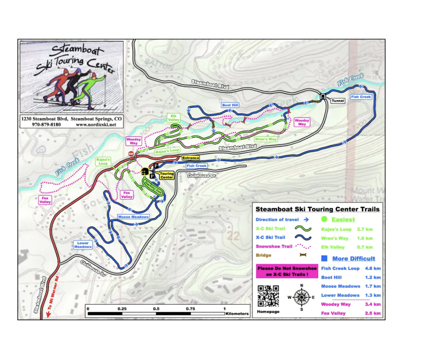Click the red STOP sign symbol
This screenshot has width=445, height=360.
click(131, 154)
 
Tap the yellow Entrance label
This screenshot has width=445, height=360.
click(190, 158)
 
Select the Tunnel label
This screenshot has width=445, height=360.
click(338, 101)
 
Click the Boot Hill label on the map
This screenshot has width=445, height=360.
click(230, 105)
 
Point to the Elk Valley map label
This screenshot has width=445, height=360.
click(173, 118)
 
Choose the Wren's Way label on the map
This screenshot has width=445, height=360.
click(265, 139)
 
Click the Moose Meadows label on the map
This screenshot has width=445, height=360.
click(133, 217)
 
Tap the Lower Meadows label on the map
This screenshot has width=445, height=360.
click(83, 245)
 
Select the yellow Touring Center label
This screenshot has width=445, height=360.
click(167, 175)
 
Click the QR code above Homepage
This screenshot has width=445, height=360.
click(268, 296)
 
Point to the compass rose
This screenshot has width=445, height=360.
click(302, 297)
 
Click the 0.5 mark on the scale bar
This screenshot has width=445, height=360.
click(156, 309)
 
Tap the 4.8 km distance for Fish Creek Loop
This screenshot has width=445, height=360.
click(373, 268)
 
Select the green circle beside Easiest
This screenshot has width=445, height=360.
click(324, 219)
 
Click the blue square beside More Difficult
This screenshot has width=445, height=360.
click(324, 258)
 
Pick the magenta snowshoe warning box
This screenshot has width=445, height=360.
click(287, 271)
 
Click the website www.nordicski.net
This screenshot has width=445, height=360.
click(96, 125)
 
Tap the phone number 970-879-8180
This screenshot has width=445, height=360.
click(46, 125)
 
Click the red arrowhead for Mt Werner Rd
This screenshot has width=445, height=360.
click(48, 315)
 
